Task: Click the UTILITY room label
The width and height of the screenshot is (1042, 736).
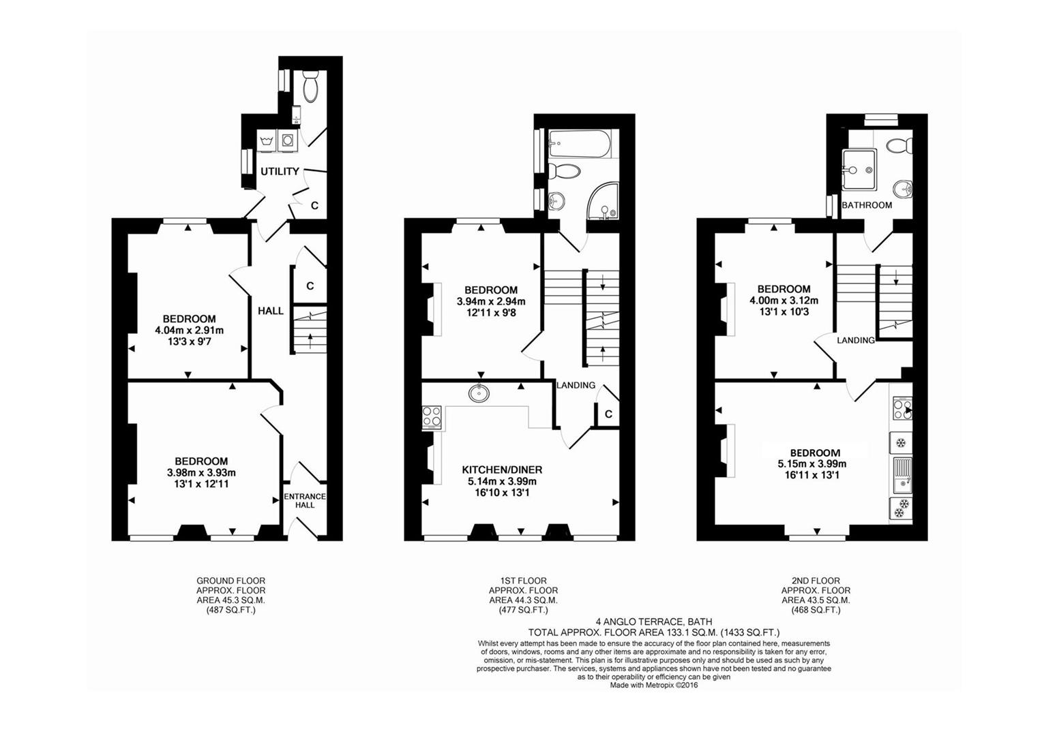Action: tap(280, 171)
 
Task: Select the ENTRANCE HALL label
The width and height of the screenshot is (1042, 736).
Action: tap(305, 501)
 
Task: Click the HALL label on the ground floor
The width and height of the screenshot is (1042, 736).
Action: tap(271, 311)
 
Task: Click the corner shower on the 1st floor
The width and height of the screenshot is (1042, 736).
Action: tap(602, 202)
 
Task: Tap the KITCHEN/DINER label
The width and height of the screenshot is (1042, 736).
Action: tap(502, 470)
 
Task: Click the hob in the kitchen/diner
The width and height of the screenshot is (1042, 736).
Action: tap(432, 417)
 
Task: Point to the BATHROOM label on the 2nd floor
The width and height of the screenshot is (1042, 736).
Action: tap(867, 204)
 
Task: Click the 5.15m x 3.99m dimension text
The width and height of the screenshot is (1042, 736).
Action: tap(815, 464)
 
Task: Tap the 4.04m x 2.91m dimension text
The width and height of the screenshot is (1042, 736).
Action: tap(189, 331)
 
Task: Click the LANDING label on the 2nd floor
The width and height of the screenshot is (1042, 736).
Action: tap(856, 340)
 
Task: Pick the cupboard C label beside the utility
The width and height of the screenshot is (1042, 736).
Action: tap(315, 205)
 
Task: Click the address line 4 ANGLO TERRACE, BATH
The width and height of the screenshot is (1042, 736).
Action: tap(654, 622)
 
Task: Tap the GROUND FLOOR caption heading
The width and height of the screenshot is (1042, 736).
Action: tap(230, 581)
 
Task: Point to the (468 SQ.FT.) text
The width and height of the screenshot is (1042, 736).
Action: tap(816, 611)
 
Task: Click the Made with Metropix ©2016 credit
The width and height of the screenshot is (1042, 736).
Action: tap(654, 686)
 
